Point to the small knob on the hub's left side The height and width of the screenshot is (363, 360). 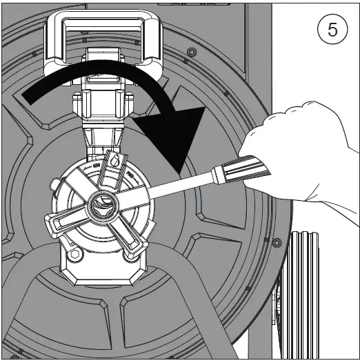click(x=54, y=185)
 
